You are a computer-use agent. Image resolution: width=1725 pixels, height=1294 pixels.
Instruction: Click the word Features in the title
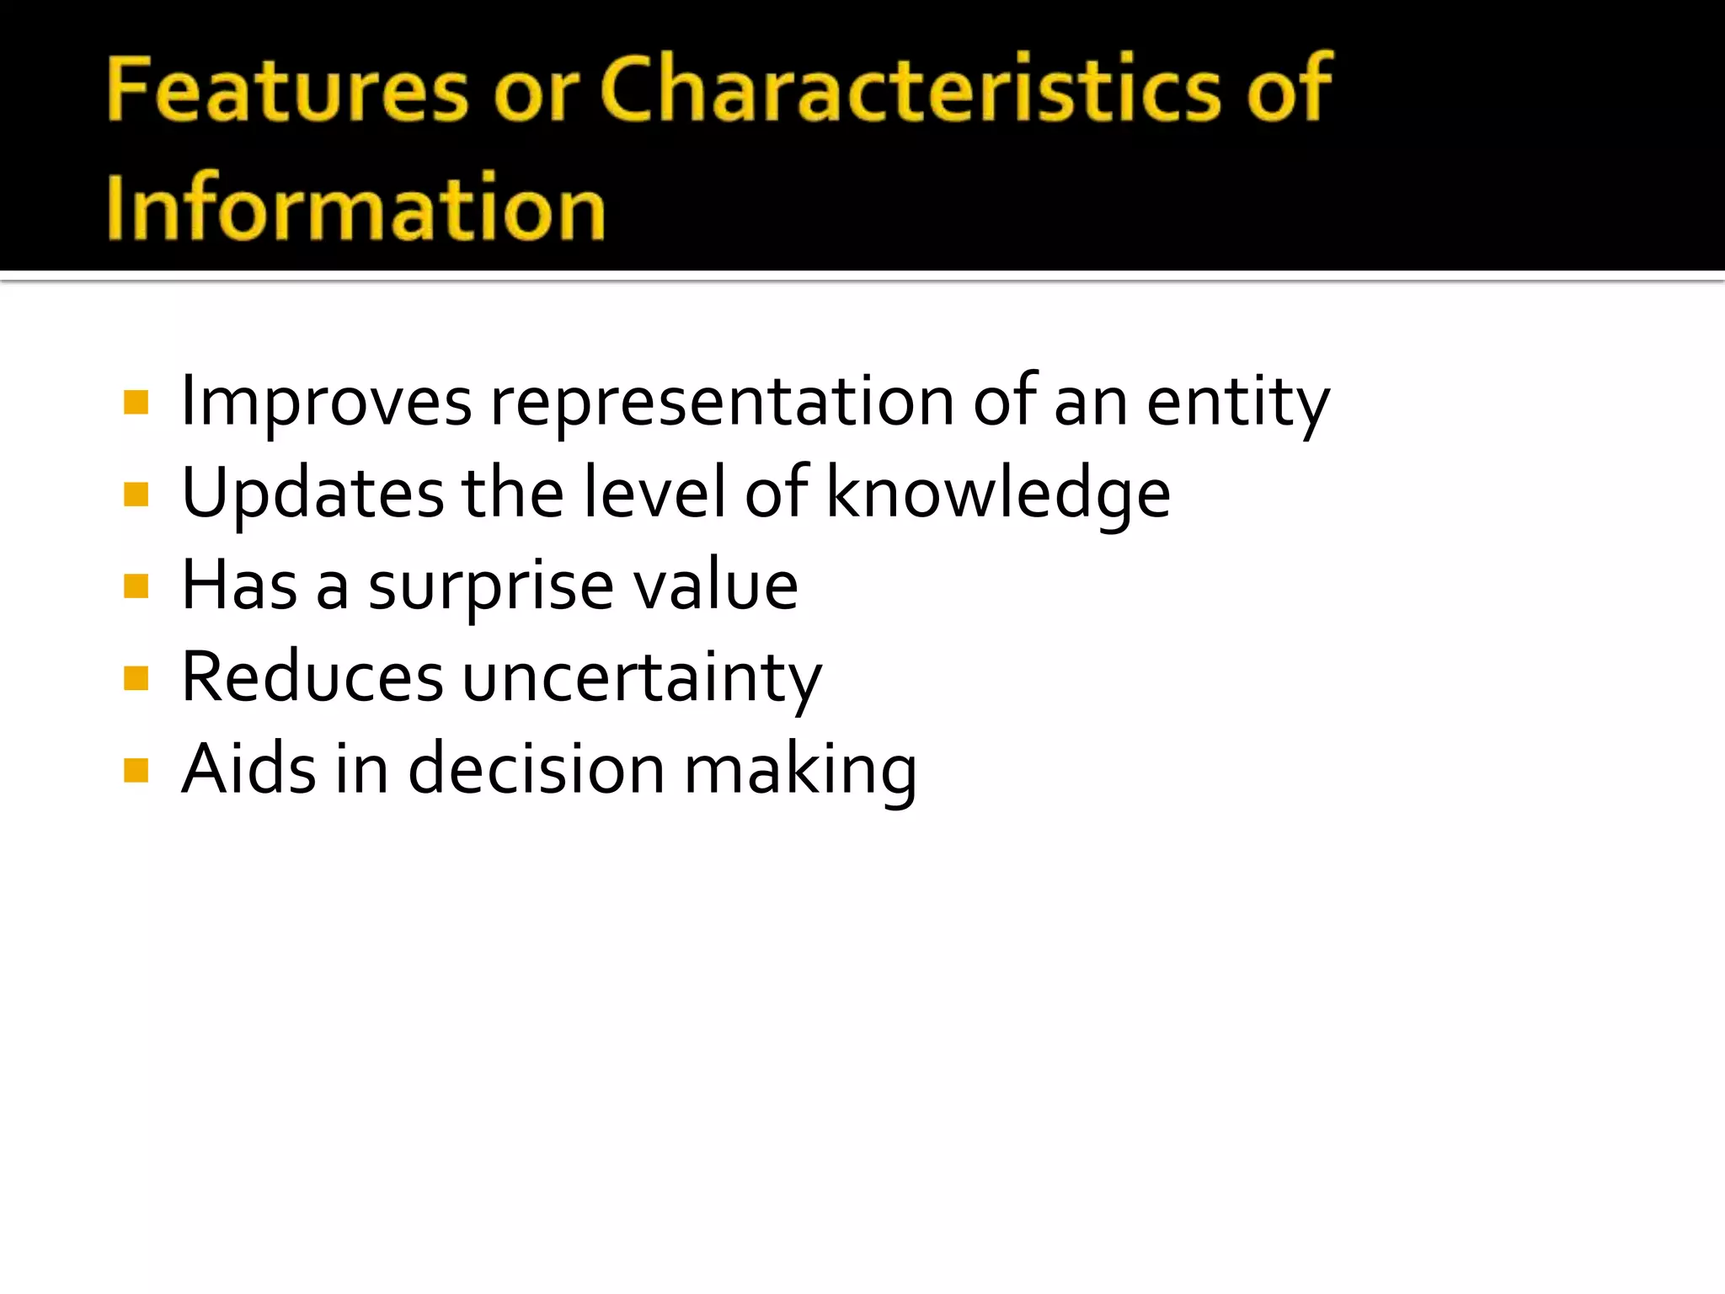pyautogui.click(x=286, y=88)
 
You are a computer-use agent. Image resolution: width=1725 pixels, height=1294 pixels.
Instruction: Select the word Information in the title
pyautogui.click(x=355, y=207)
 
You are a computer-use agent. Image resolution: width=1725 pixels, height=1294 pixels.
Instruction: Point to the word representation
pyautogui.click(x=722, y=402)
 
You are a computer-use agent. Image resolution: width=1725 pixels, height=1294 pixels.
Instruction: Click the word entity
pyautogui.click(x=1237, y=402)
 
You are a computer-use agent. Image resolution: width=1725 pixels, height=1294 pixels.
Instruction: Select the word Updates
pyautogui.click(x=312, y=494)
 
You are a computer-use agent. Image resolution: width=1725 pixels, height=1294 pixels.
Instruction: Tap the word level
pyautogui.click(x=654, y=494)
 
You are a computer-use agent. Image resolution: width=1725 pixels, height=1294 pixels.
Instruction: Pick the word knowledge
pyautogui.click(x=998, y=494)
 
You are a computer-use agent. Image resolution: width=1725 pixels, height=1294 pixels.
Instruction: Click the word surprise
pyautogui.click(x=491, y=586)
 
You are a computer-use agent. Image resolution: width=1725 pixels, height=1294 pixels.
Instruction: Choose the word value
pyautogui.click(x=715, y=586)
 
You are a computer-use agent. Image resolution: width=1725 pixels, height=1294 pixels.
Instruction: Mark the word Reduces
pyautogui.click(x=312, y=677)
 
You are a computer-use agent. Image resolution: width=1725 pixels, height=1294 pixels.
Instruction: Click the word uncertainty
pyautogui.click(x=642, y=679)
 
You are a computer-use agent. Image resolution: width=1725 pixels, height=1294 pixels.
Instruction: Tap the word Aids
pyautogui.click(x=249, y=769)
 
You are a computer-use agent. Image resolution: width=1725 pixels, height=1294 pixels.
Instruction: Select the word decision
pyautogui.click(x=537, y=769)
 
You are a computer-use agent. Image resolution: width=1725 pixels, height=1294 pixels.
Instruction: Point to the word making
pyautogui.click(x=800, y=771)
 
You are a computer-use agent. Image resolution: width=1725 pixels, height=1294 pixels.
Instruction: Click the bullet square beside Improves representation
pyautogui.click(x=136, y=402)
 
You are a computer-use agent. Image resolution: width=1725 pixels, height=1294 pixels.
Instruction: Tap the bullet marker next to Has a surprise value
pyautogui.click(x=136, y=586)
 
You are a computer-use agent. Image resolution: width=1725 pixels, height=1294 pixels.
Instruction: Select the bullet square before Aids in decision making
pyautogui.click(x=136, y=770)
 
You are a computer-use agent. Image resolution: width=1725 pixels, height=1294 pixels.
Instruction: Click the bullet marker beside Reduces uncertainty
pyautogui.click(x=136, y=677)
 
